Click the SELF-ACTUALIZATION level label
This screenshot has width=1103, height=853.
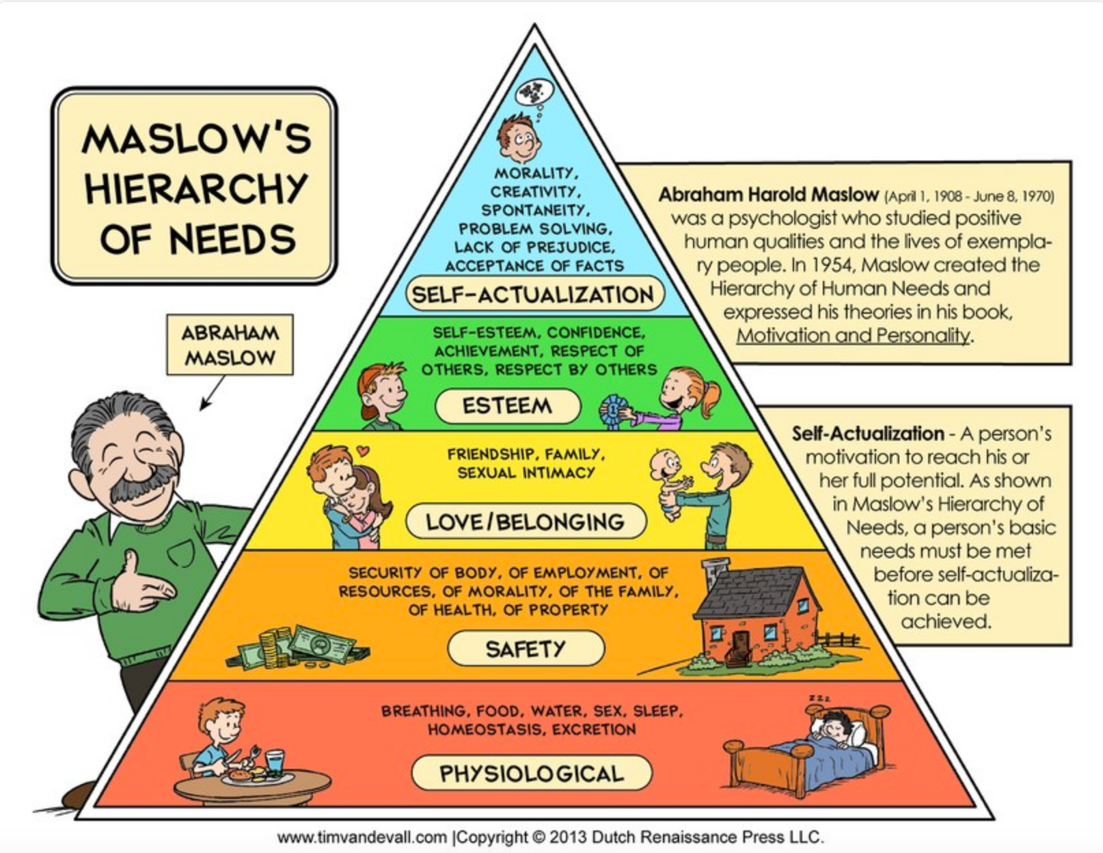pyautogui.click(x=533, y=295)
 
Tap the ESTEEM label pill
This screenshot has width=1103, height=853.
pyautogui.click(x=507, y=406)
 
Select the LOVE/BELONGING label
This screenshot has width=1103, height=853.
pyautogui.click(x=525, y=522)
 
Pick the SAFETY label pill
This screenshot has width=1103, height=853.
pyautogui.click(x=526, y=648)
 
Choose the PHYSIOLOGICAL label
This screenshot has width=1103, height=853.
pyautogui.click(x=532, y=773)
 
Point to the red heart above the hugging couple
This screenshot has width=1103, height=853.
pyautogui.click(x=363, y=450)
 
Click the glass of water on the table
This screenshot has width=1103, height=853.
pyautogui.click(x=275, y=762)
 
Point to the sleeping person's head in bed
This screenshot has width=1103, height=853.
pyautogui.click(x=834, y=727)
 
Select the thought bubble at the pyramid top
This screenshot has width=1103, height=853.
pyautogui.click(x=535, y=92)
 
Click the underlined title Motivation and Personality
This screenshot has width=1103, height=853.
pyautogui.click(x=853, y=336)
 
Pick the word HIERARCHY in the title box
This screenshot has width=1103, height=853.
pyautogui.click(x=196, y=188)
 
